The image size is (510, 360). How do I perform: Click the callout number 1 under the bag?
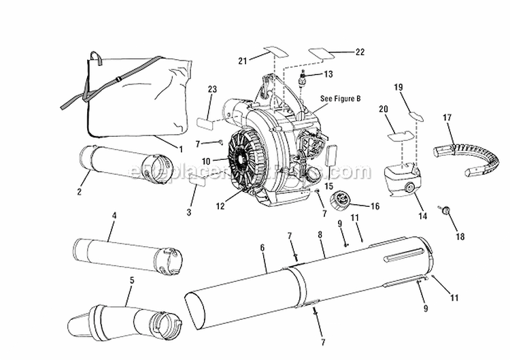pos(181,148)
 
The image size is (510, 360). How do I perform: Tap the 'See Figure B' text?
pos(341,99)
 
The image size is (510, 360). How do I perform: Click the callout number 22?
pos(360,52)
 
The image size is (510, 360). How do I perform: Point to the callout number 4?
pos(114,216)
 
